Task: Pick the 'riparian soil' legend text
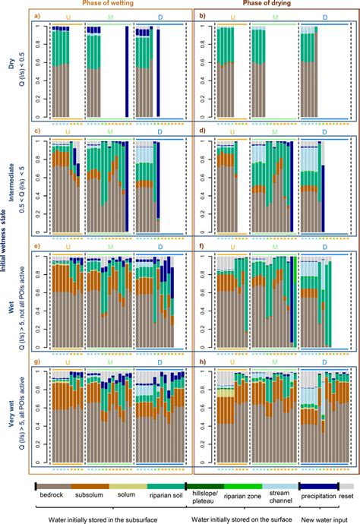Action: (x=166, y=494)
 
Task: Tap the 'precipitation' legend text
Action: (x=318, y=494)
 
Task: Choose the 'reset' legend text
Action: (x=346, y=494)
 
